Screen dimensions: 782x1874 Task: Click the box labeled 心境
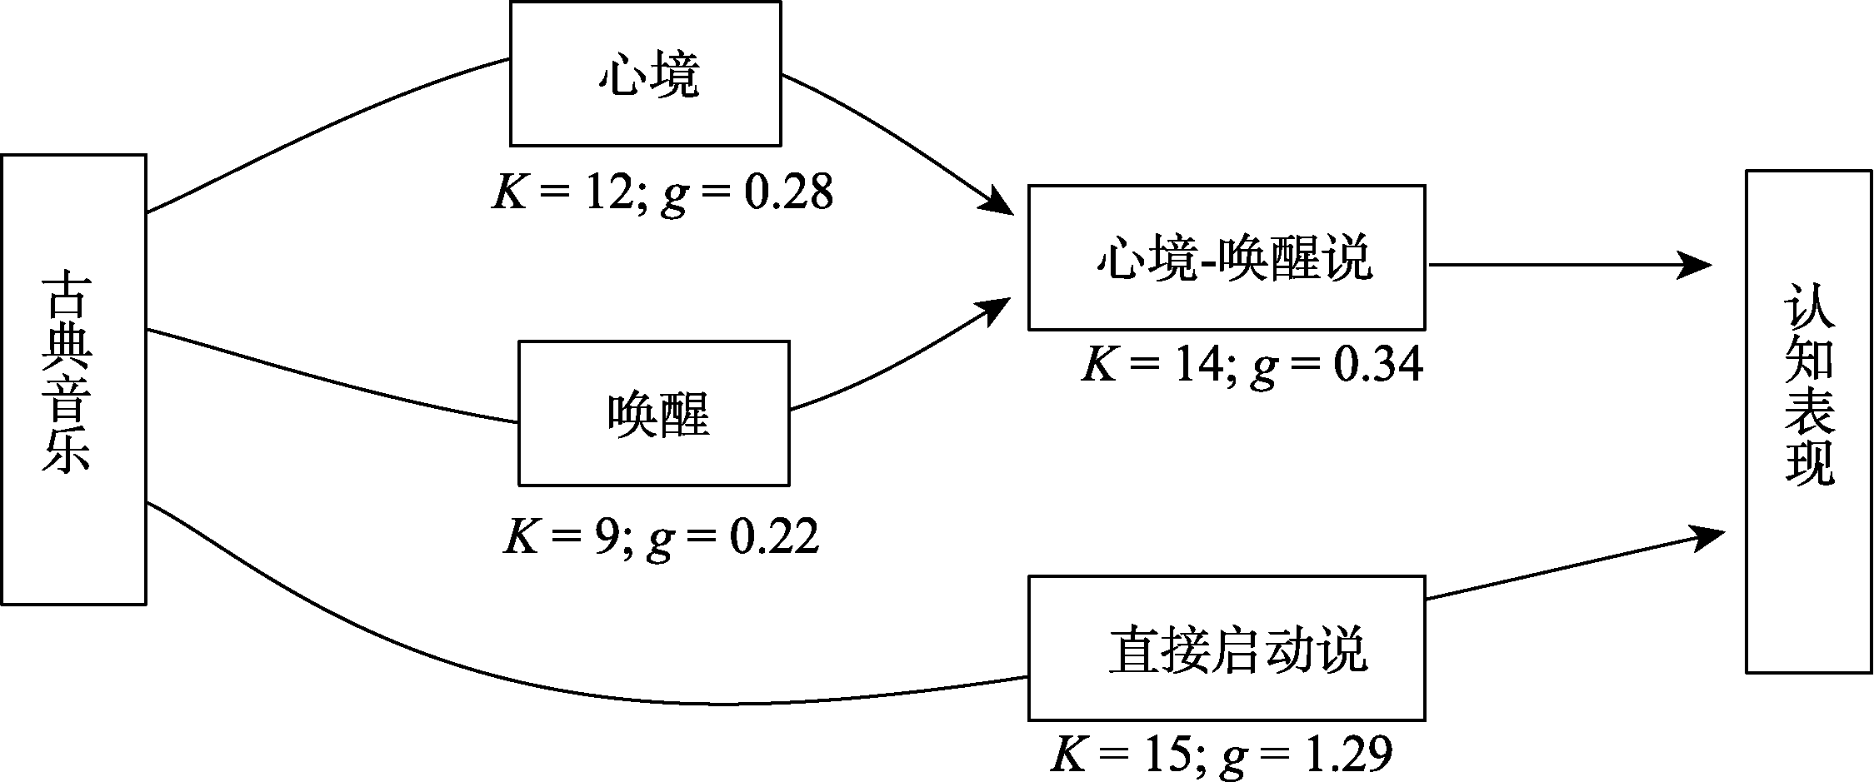pyautogui.click(x=645, y=74)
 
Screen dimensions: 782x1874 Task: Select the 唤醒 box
pyautogui.click(x=653, y=413)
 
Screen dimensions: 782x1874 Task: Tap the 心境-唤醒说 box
pyautogui.click(x=1226, y=257)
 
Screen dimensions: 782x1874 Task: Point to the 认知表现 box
pyautogui.click(x=1808, y=421)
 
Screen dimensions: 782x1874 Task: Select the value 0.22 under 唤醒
pyautogui.click(x=774, y=537)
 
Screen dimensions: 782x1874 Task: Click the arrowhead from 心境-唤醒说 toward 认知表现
pyautogui.click(x=1696, y=265)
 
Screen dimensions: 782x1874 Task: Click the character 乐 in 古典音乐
pyautogui.click(x=67, y=451)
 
